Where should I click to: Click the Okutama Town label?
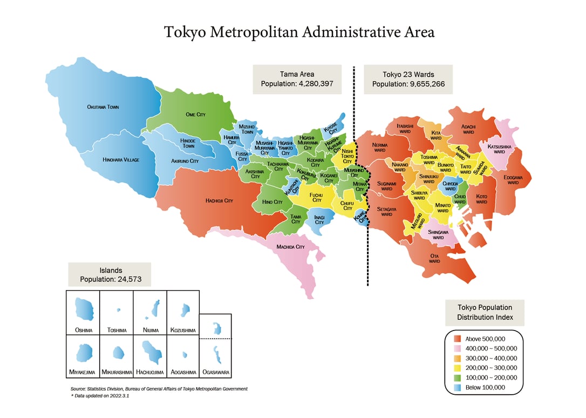pos(103,107)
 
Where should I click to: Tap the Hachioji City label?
pos(219,200)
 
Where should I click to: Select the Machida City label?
pos(290,247)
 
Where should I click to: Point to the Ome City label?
pos(195,114)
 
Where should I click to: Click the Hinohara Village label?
pos(121,160)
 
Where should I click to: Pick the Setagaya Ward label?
pos(386,211)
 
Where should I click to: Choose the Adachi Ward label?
pos(468,129)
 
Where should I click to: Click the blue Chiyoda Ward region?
pos(449,186)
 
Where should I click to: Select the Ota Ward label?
pos(434,258)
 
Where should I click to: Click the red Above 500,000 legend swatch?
pos(458,339)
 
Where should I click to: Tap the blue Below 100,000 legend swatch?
pos(458,387)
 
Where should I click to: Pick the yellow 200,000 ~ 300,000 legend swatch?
pos(458,368)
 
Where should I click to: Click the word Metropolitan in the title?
pos(254,32)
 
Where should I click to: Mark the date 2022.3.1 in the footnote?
pos(117,396)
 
